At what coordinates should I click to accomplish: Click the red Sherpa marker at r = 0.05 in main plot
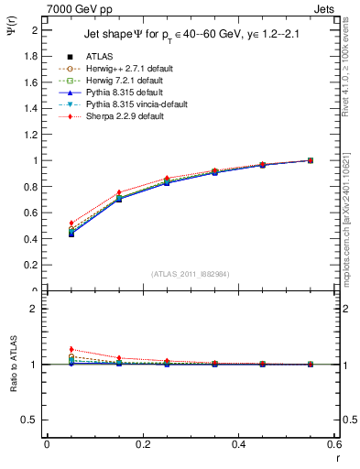click(x=71, y=224)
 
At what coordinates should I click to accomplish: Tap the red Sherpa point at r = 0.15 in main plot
click(x=118, y=192)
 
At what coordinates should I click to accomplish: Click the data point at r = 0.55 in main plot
click(x=311, y=160)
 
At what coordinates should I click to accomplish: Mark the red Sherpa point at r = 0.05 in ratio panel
click(x=71, y=349)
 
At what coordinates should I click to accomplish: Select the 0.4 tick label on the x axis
click(x=238, y=444)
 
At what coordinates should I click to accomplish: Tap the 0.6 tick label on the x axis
click(x=333, y=444)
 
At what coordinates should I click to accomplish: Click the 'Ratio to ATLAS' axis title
click(x=13, y=365)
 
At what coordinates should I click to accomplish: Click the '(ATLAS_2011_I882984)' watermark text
click(x=191, y=274)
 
